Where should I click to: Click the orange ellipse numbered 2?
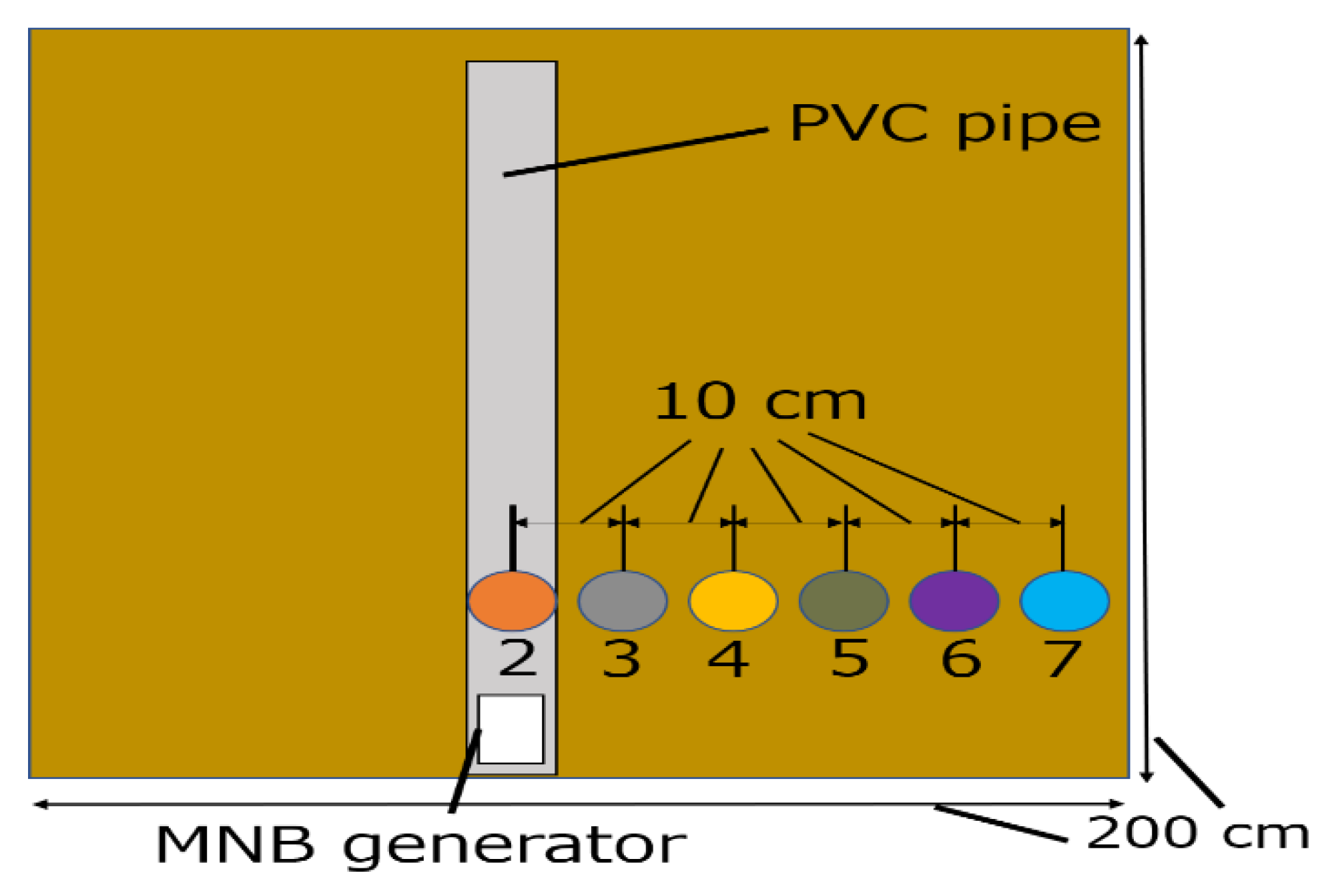[512, 601]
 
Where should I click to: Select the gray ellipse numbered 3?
[623, 601]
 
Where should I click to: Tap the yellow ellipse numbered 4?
[733, 601]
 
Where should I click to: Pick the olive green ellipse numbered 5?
[844, 601]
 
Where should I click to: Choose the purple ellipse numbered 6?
[954, 601]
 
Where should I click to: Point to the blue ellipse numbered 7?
[1064, 601]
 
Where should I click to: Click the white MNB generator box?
[511, 729]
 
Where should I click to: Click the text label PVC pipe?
[945, 125]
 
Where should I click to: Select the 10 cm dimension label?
[760, 402]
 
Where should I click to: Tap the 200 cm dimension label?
[1198, 833]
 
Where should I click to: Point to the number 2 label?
[517, 658]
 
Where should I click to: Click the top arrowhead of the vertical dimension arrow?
[1142, 40]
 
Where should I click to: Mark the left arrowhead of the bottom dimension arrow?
[40, 804]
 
